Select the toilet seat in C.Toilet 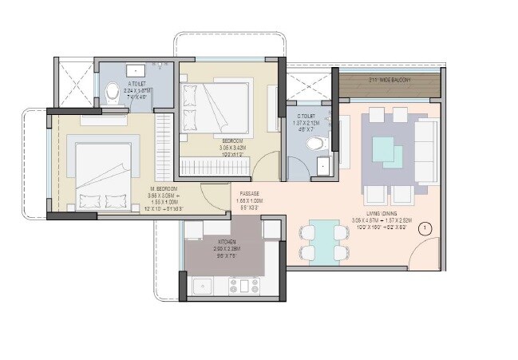(316, 144)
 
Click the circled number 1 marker (425, 228)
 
